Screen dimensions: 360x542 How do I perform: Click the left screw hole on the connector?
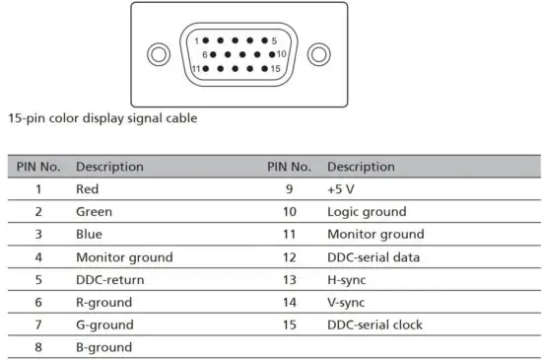click(x=157, y=54)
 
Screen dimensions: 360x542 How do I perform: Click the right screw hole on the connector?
click(x=317, y=54)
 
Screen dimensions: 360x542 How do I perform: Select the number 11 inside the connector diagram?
click(x=195, y=68)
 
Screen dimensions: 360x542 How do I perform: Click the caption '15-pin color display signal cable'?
click(x=103, y=118)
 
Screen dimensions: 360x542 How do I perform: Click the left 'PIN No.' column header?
click(x=38, y=167)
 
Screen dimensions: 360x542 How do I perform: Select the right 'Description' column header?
click(x=361, y=167)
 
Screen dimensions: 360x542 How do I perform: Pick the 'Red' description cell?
click(x=88, y=188)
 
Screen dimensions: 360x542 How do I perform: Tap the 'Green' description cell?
click(x=94, y=211)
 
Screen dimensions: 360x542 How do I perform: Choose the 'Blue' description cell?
click(x=89, y=234)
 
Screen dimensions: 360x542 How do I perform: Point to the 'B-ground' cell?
click(x=103, y=347)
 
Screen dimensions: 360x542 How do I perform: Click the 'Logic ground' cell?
click(x=366, y=211)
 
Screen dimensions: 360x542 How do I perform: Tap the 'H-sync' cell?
click(x=347, y=279)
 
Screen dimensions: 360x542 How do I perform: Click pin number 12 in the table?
click(x=290, y=256)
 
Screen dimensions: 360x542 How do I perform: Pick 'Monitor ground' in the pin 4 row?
click(x=124, y=256)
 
